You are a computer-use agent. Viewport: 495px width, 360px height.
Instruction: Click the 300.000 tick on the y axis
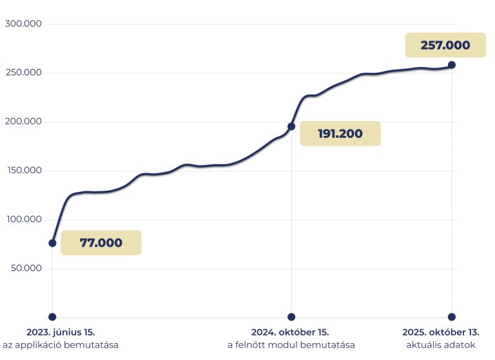(x=23, y=24)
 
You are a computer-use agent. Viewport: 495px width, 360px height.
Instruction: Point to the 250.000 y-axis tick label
(x=23, y=73)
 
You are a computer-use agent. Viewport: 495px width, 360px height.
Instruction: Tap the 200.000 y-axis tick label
(x=23, y=122)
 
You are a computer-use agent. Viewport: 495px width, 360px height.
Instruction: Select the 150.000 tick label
(x=23, y=171)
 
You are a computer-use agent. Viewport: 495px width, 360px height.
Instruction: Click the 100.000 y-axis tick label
(x=23, y=220)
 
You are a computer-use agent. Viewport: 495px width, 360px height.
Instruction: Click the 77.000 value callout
(x=101, y=243)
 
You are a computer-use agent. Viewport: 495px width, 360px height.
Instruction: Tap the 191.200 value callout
(x=340, y=134)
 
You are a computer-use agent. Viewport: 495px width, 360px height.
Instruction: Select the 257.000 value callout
(x=445, y=45)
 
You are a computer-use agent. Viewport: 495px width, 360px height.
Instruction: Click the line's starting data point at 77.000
(x=52, y=243)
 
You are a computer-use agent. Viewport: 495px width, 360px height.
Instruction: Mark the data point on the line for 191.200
(x=291, y=126)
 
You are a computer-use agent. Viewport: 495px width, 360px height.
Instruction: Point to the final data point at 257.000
(x=452, y=65)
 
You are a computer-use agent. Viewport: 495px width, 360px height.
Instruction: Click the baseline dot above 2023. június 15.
(x=52, y=317)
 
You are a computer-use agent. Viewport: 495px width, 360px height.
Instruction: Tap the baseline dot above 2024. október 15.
(x=291, y=317)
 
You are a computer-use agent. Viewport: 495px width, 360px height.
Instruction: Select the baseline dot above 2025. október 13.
(x=452, y=317)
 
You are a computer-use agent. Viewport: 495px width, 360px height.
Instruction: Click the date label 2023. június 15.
(x=61, y=332)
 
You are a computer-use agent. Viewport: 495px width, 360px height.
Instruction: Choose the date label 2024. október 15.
(x=291, y=332)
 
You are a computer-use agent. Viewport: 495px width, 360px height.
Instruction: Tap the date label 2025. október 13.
(x=441, y=332)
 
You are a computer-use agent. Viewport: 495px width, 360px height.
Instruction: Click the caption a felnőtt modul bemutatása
(x=291, y=345)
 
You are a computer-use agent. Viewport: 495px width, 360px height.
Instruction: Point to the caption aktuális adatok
(x=441, y=345)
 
